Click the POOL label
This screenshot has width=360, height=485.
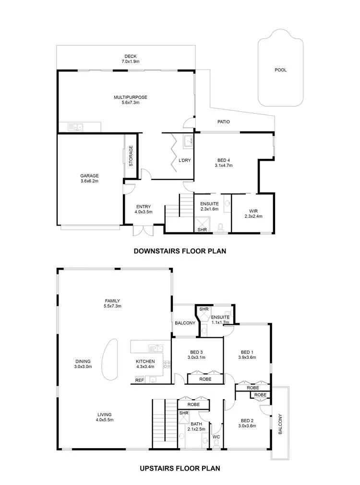pyautogui.click(x=280, y=70)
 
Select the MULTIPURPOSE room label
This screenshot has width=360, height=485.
pyautogui.click(x=130, y=100)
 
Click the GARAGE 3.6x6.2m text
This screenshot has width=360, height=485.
pyautogui.click(x=89, y=178)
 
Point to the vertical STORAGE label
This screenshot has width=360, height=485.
pyautogui.click(x=131, y=156)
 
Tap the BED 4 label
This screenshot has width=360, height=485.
pyautogui.click(x=223, y=162)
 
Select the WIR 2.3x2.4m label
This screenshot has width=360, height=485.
pyautogui.click(x=253, y=213)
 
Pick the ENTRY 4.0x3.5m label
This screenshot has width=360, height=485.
pyautogui.click(x=144, y=209)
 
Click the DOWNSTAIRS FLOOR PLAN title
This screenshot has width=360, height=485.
pyautogui.click(x=179, y=250)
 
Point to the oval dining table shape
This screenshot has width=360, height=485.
pyautogui.click(x=111, y=360)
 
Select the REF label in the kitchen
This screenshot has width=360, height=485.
pyautogui.click(x=139, y=380)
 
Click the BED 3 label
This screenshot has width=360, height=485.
pyautogui.click(x=196, y=354)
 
